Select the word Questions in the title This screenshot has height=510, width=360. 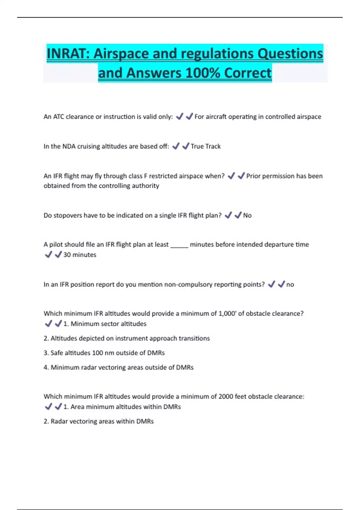pos(290,54)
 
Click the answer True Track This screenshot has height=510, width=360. pos(205,146)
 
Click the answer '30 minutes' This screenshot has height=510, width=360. pos(80,255)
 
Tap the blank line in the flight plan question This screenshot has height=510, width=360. pos(179,245)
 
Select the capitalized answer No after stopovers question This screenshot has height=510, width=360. pos(247,215)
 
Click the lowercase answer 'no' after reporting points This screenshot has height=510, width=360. pos(290,284)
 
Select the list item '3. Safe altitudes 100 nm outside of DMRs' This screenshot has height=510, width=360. pos(104,353)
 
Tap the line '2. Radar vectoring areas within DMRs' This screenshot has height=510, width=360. pos(99,421)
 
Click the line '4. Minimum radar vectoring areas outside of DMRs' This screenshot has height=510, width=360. pos(118,367)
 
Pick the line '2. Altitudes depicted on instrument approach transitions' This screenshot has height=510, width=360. pos(127,338)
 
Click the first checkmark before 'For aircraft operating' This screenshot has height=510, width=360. pos(179,116)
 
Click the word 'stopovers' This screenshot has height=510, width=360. pos(68,215)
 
